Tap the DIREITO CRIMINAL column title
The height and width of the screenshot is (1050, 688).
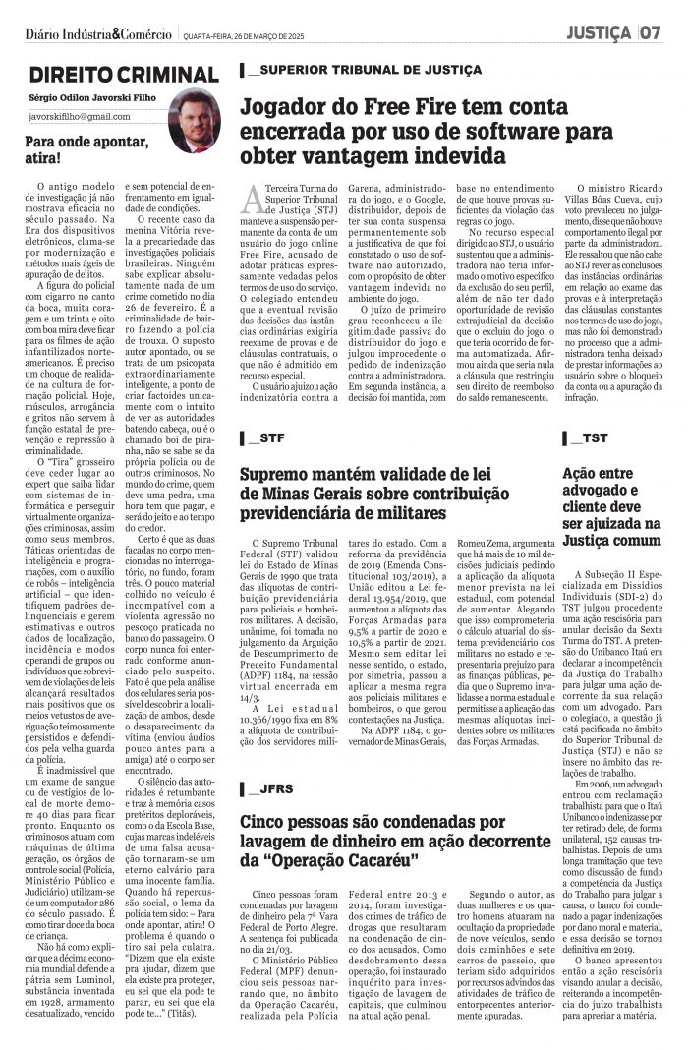click(x=123, y=75)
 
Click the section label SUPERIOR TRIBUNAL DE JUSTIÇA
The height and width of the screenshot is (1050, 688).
click(x=366, y=70)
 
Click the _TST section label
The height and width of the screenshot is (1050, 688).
click(x=586, y=437)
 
